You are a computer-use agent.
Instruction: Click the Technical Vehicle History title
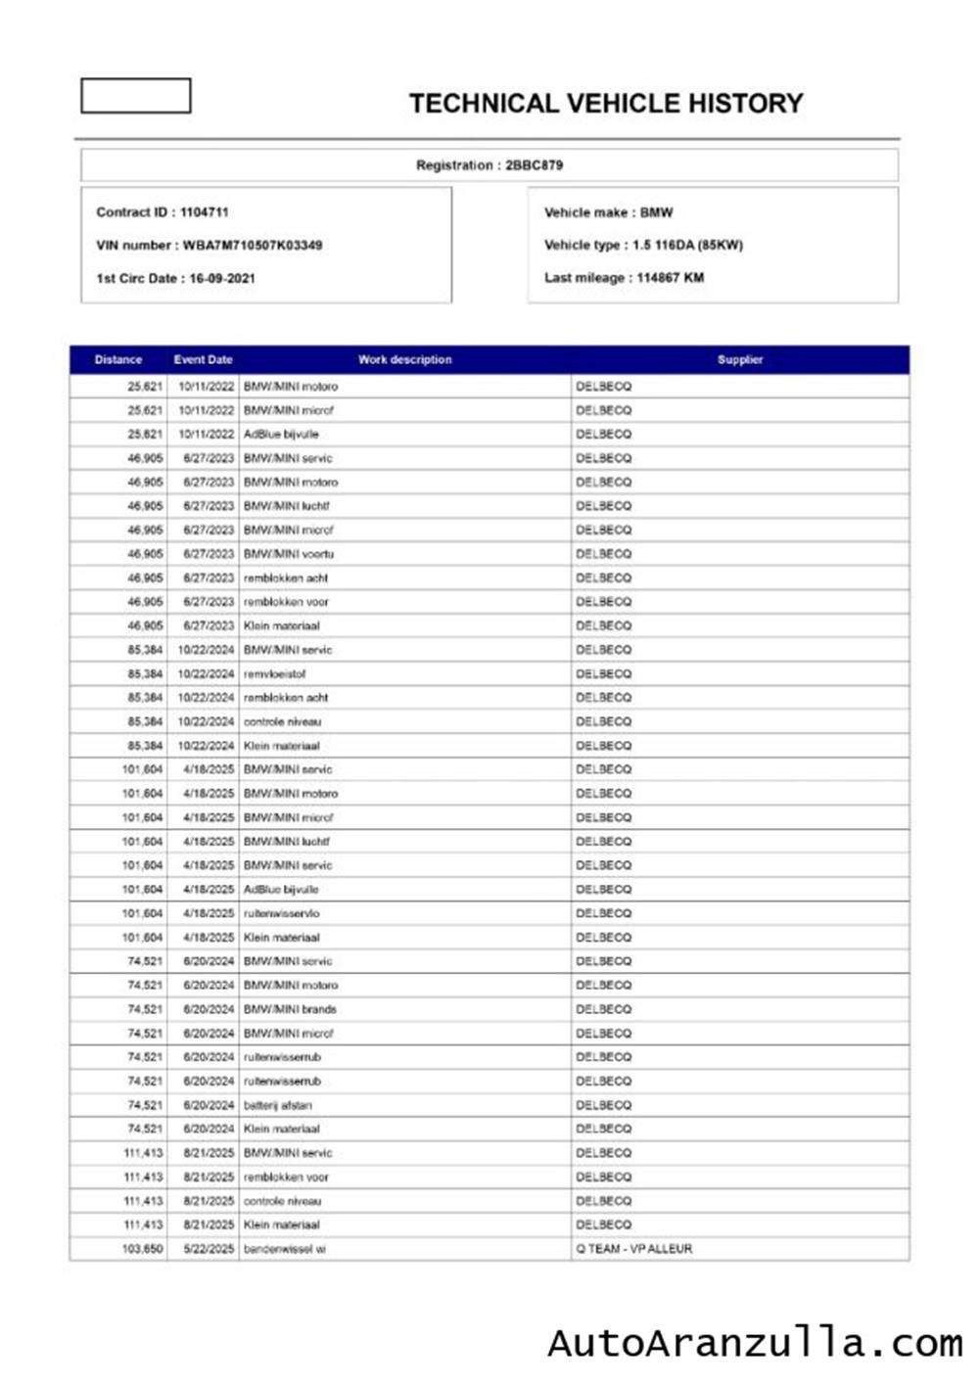tap(606, 104)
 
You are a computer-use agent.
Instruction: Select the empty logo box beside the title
tap(135, 96)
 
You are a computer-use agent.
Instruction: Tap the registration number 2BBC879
tap(534, 165)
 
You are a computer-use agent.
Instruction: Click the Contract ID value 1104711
tap(204, 212)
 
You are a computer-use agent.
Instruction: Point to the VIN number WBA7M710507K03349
tap(252, 246)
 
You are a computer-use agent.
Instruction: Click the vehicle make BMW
tap(656, 212)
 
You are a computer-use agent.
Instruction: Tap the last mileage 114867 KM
tap(670, 278)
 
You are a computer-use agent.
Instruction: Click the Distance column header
tap(118, 360)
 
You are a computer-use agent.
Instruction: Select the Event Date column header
tap(203, 360)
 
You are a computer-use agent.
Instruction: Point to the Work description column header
tap(404, 360)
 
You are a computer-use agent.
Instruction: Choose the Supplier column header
tap(739, 360)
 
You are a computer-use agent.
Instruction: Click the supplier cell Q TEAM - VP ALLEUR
tap(633, 1249)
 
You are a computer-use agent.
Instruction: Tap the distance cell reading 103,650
tap(143, 1249)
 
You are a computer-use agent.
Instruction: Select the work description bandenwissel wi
tap(284, 1249)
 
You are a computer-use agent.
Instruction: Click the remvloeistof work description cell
tap(274, 674)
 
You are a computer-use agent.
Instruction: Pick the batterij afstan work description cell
tap(277, 1105)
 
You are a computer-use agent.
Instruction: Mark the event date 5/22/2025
tap(209, 1249)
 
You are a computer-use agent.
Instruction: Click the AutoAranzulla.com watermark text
tap(755, 1343)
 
